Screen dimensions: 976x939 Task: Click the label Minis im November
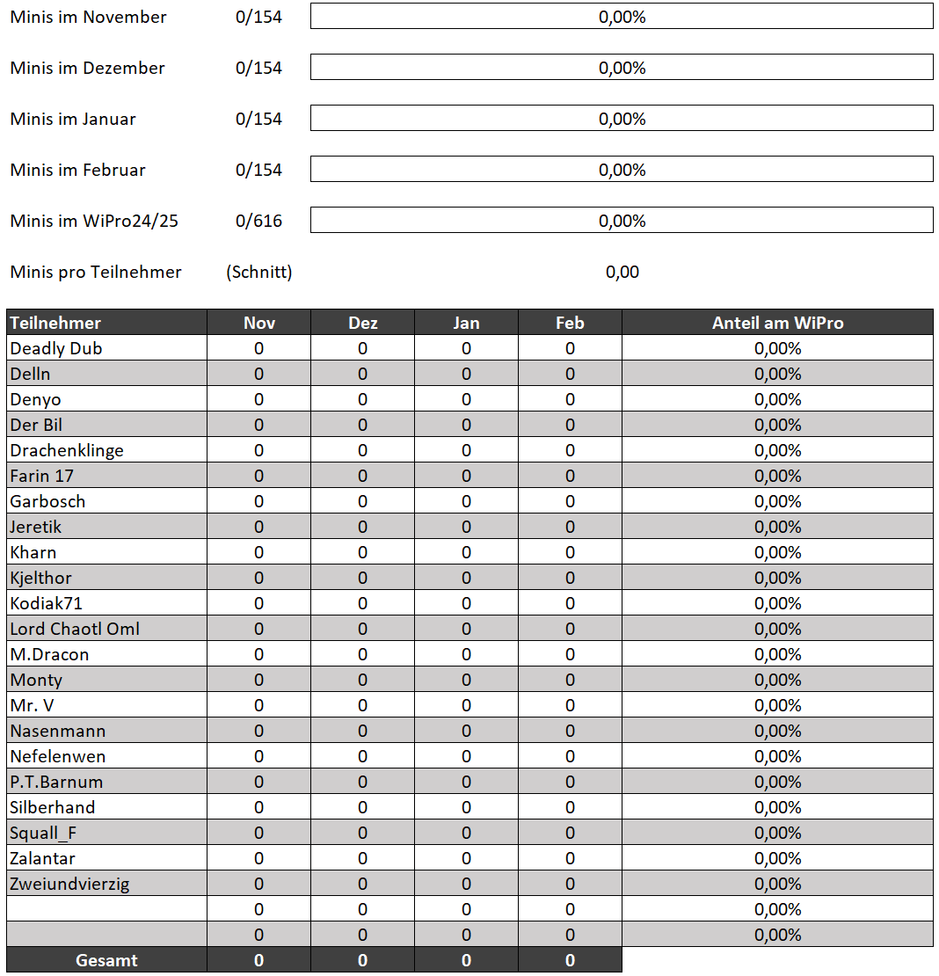[x=88, y=17]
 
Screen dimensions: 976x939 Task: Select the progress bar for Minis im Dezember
[x=622, y=68]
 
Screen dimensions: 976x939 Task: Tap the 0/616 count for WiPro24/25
[x=258, y=221]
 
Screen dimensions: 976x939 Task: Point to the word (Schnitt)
[x=258, y=272]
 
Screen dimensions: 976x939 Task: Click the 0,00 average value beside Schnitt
[x=622, y=272]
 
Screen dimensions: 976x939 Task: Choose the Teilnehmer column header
[x=55, y=323]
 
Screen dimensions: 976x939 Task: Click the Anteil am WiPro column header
[x=777, y=323]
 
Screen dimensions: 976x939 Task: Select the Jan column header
[x=466, y=323]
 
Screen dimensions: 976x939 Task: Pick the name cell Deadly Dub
[x=56, y=348]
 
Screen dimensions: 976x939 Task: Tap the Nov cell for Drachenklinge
[x=258, y=450]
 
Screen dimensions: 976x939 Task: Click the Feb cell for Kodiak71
[x=570, y=603]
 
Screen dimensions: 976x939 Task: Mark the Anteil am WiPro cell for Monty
[x=777, y=680]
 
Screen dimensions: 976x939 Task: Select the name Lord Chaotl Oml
[x=75, y=629]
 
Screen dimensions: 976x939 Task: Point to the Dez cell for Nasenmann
[x=362, y=731]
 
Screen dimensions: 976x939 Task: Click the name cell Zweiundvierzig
[x=69, y=884]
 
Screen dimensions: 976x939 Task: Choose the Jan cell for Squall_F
[x=466, y=833]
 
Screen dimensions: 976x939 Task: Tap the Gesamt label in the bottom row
[x=106, y=960]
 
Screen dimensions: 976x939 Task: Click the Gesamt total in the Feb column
[x=570, y=960]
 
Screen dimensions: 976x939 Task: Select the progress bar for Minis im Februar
[x=622, y=170]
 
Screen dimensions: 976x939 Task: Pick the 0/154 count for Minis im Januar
[x=258, y=119]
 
